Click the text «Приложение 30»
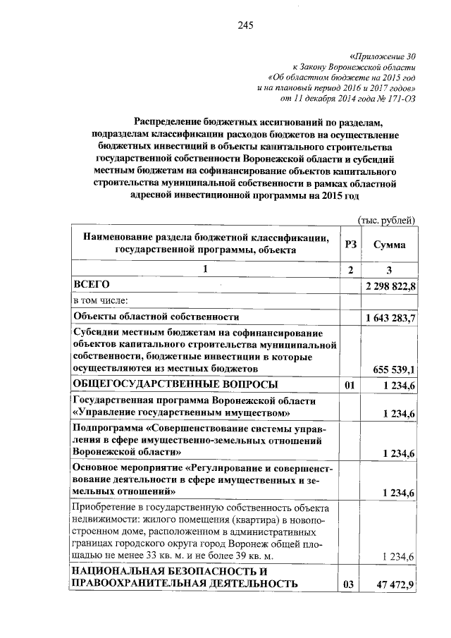click(383, 54)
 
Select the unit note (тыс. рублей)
click(387, 221)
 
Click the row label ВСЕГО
click(92, 284)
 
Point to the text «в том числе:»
click(101, 300)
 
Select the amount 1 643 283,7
click(390, 319)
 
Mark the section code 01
click(347, 385)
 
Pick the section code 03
click(347, 584)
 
